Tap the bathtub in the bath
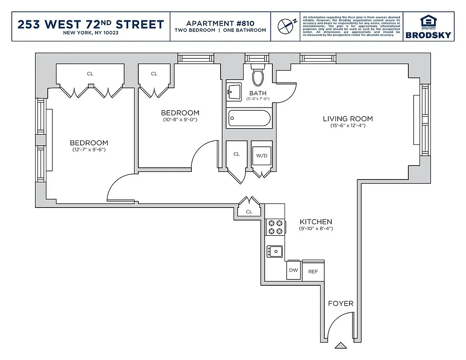click(x=249, y=119)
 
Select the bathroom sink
click(x=233, y=92)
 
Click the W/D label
click(x=261, y=156)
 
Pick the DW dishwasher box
click(x=294, y=270)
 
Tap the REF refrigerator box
click(x=313, y=271)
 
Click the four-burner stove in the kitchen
click(x=275, y=227)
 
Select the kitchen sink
click(x=274, y=251)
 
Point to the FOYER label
click(x=340, y=303)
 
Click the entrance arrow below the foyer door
click(x=341, y=346)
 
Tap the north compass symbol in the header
click(x=285, y=26)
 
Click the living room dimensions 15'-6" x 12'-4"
click(x=347, y=126)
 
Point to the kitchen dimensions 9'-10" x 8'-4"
click(x=316, y=229)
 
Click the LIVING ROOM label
click(x=348, y=119)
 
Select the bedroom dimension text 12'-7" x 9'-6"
click(x=89, y=149)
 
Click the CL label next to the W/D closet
click(x=236, y=154)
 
